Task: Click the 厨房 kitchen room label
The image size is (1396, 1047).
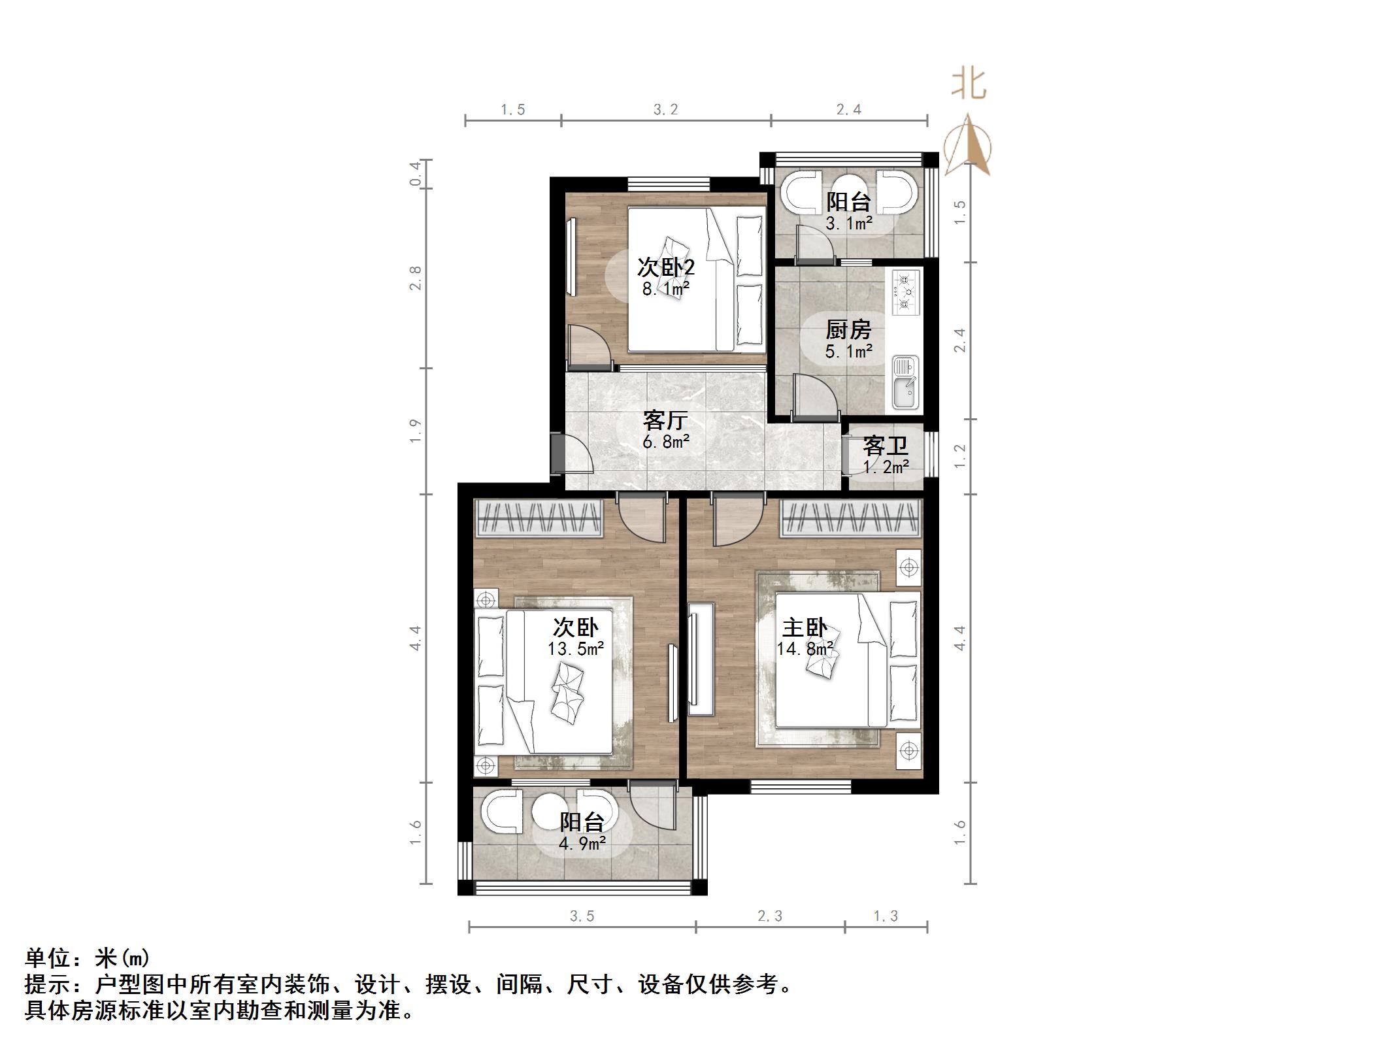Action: tap(848, 329)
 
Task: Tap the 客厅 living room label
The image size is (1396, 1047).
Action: tap(665, 420)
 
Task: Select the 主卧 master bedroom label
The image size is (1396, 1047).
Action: tap(805, 628)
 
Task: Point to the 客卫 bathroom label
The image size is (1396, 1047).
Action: tap(885, 446)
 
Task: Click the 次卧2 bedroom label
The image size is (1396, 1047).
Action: tap(665, 267)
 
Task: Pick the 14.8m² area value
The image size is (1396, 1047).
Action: tap(805, 649)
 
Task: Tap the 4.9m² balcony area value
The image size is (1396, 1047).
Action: tap(582, 843)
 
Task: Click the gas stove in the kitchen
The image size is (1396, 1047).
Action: tap(905, 293)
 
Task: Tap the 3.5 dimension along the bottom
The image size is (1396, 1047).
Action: tap(582, 916)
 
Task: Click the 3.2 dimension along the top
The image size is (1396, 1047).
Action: tap(666, 110)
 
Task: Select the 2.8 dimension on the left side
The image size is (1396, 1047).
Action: tap(416, 278)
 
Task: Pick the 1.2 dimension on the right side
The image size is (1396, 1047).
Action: tap(959, 456)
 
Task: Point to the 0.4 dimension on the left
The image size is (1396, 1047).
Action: tap(416, 174)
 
